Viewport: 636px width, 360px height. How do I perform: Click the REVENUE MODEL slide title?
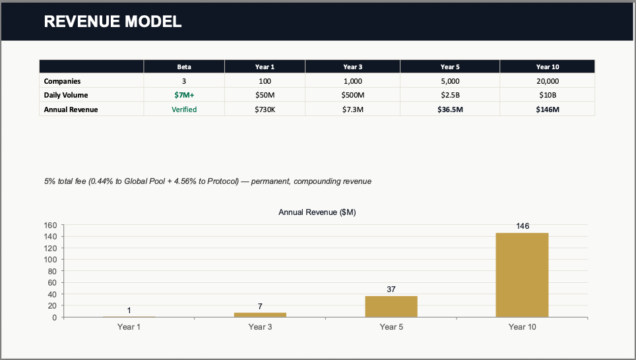click(112, 22)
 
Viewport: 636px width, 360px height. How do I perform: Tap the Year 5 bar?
click(391, 307)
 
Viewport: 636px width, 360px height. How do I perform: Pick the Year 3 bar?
click(260, 315)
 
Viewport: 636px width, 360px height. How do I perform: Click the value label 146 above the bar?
click(522, 226)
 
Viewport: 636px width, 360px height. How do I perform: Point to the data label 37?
click(391, 289)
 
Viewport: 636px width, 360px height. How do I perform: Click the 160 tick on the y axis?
click(51, 225)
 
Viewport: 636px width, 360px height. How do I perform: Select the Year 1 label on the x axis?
click(129, 326)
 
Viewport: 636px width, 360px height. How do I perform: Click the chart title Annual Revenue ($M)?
click(317, 212)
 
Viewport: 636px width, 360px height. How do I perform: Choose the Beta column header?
click(184, 67)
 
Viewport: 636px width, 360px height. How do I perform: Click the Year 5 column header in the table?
click(449, 67)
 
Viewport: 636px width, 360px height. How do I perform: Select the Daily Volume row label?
click(65, 95)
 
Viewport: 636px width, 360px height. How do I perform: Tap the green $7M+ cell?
click(184, 95)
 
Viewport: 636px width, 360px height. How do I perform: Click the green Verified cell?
click(184, 109)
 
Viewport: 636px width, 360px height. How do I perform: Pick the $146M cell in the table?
click(547, 109)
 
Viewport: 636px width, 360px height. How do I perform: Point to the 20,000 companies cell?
click(547, 81)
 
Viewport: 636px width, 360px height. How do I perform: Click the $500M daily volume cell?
click(352, 95)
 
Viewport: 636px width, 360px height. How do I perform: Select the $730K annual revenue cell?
click(265, 109)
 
